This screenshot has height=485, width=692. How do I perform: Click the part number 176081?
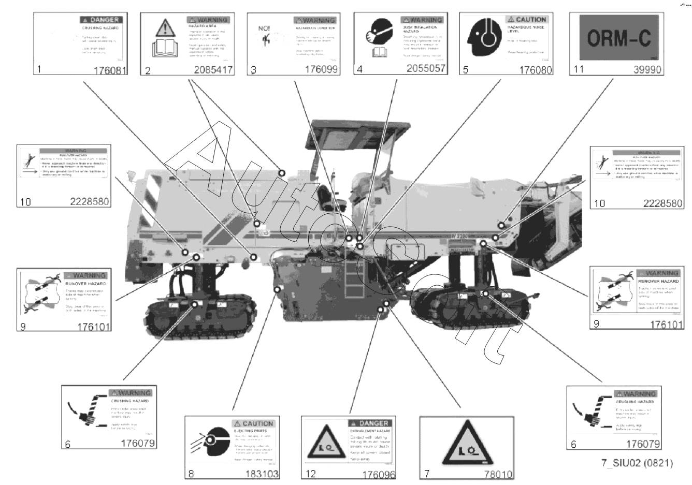pyautogui.click(x=110, y=70)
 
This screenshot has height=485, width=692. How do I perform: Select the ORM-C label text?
pyautogui.click(x=618, y=38)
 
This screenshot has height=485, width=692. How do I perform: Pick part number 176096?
pyautogui.click(x=378, y=474)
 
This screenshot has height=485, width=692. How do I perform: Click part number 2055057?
pyautogui.click(x=425, y=68)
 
